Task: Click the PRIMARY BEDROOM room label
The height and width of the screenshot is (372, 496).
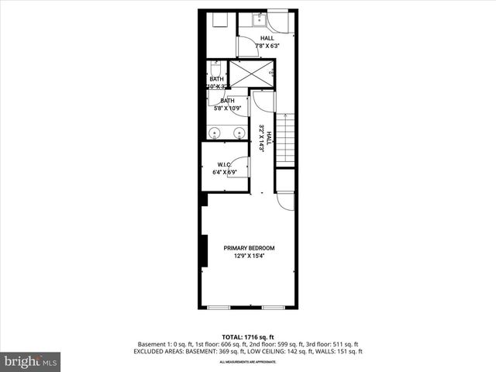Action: (x=249, y=248)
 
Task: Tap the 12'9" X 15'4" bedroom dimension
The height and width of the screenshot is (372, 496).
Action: (x=249, y=256)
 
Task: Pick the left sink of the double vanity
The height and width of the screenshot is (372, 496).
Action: (x=220, y=133)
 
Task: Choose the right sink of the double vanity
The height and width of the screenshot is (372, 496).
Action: (x=239, y=133)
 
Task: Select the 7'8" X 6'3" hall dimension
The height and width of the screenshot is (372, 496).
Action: (x=267, y=46)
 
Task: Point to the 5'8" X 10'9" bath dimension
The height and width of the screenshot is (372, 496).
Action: (x=227, y=108)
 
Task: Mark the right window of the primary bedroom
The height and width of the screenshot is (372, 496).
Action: (x=273, y=307)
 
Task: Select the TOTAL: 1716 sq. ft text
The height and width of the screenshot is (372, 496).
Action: (x=249, y=337)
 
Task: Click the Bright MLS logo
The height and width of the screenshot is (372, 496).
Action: (x=31, y=361)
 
